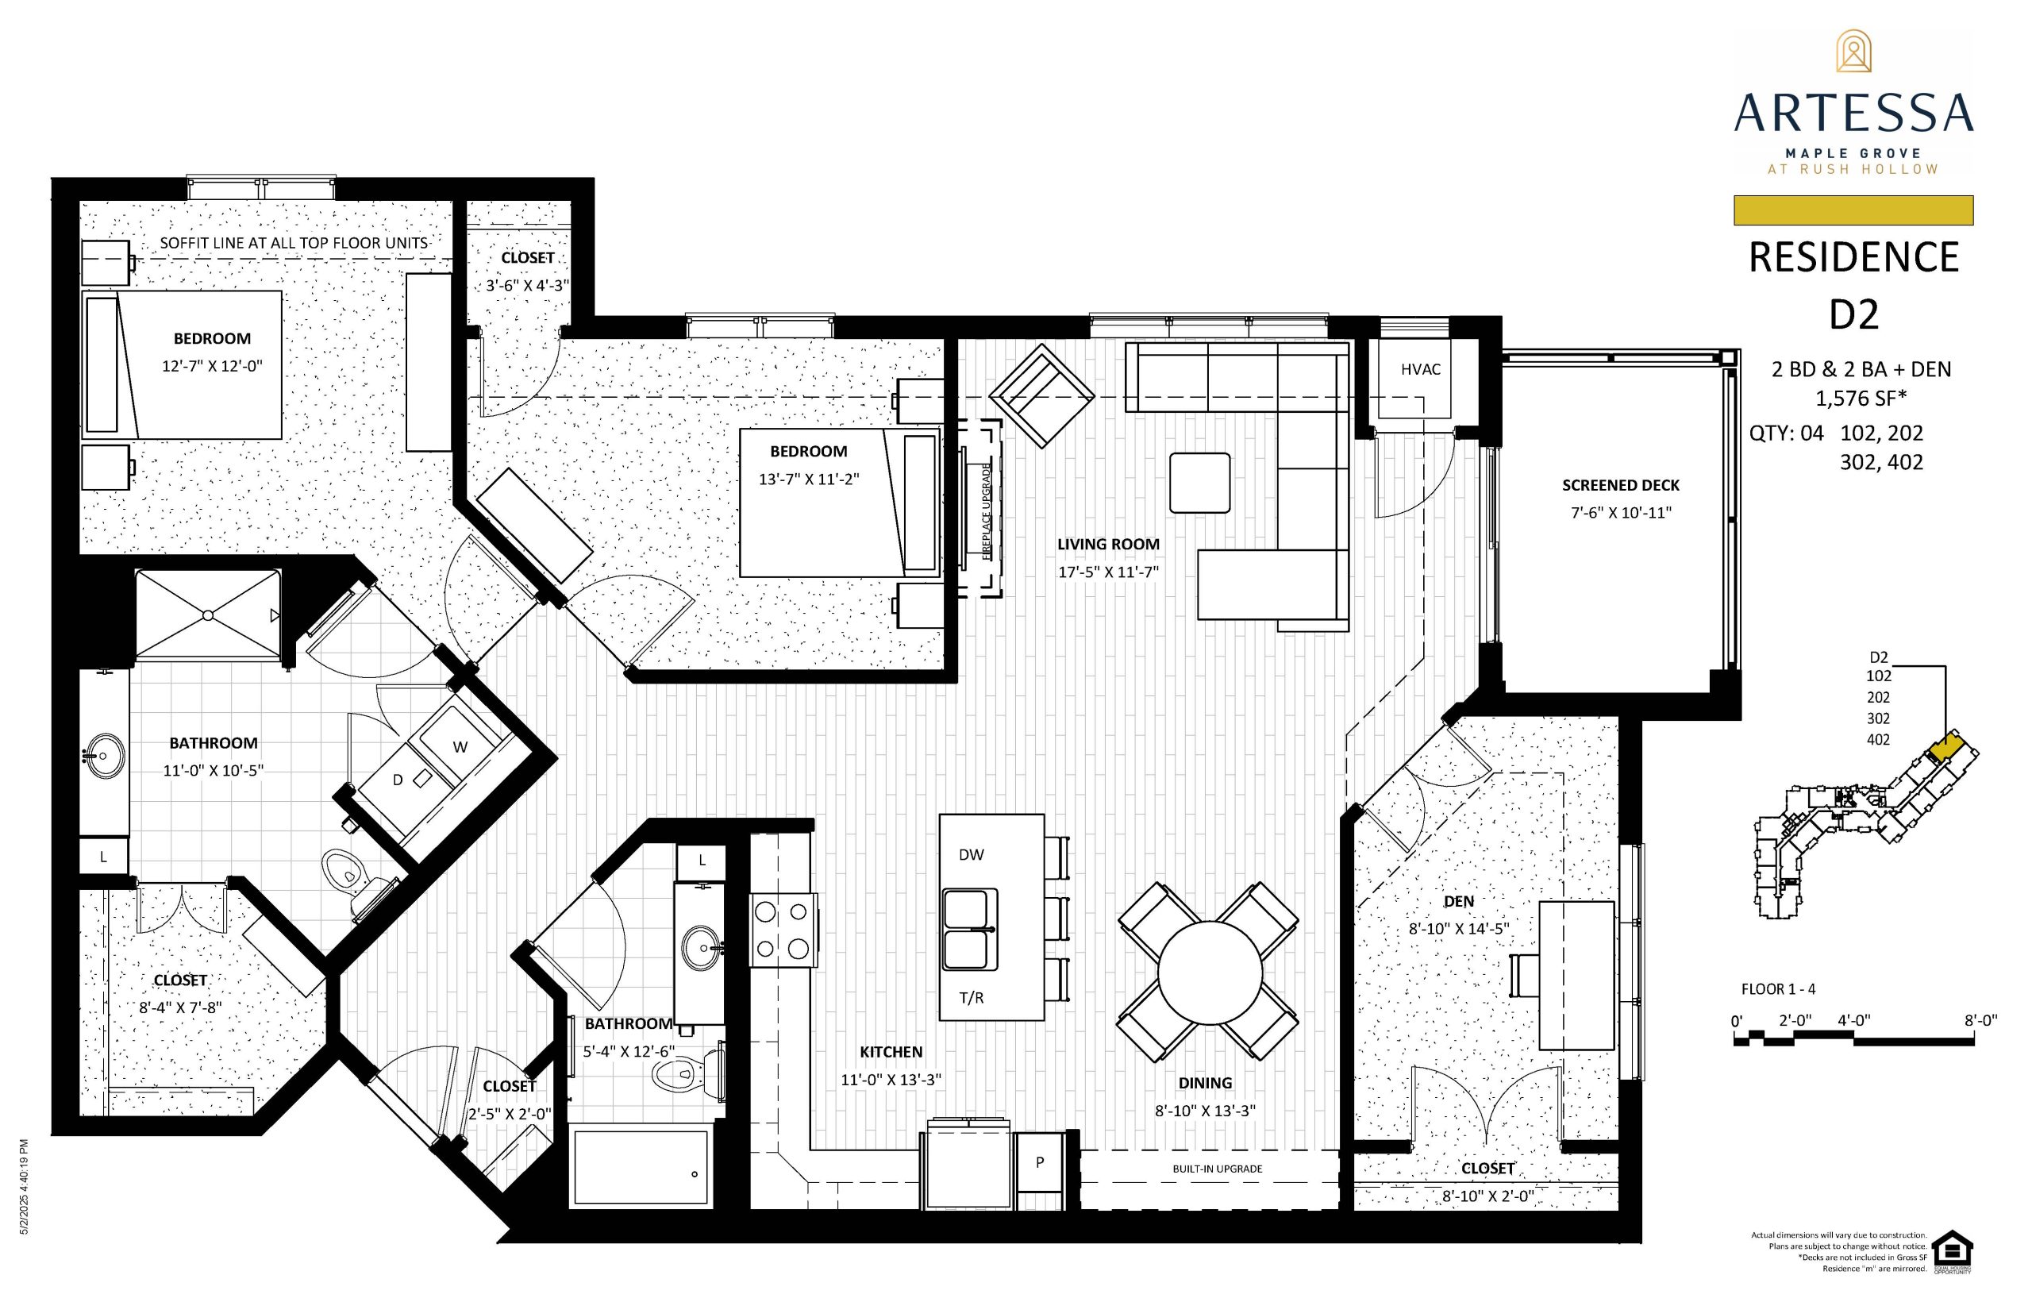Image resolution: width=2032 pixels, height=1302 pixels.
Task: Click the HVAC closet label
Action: coord(1420,369)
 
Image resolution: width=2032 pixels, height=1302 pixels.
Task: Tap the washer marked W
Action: coord(459,746)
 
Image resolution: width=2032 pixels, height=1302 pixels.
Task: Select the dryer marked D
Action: coord(399,780)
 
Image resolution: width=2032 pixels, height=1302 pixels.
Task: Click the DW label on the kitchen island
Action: coord(972,855)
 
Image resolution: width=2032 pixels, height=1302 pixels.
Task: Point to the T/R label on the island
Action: coord(972,998)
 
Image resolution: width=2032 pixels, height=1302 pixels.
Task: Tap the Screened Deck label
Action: coord(1620,485)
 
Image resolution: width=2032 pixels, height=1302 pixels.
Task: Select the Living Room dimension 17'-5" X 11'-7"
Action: coord(1107,572)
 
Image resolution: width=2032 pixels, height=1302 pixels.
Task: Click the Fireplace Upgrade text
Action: coord(986,510)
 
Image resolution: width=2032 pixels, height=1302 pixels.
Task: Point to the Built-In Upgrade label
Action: coord(1217,1169)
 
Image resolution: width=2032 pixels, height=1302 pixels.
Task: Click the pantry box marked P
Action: coord(1040,1162)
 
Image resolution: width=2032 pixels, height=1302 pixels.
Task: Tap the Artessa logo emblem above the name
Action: coord(1853,52)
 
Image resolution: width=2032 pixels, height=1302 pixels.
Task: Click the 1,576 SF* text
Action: coord(1861,399)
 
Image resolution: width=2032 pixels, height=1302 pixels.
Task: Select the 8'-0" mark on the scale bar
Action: coord(1980,1020)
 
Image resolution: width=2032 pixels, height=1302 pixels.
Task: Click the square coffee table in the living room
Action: coord(1199,483)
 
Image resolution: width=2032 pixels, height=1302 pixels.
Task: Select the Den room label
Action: coord(1459,901)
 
